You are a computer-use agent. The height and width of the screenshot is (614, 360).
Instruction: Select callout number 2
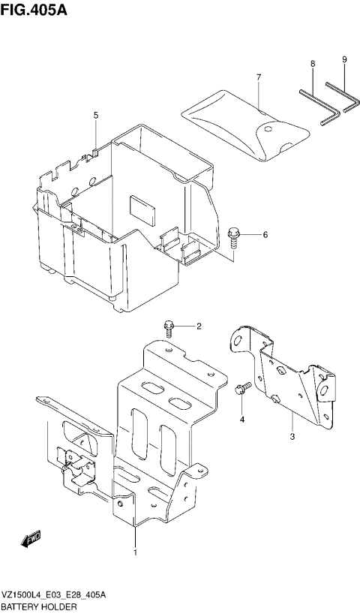click(199, 326)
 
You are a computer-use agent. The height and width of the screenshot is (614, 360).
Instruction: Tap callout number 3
click(292, 435)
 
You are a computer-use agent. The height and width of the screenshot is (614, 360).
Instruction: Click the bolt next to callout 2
click(170, 327)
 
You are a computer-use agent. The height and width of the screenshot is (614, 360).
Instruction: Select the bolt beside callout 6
click(234, 236)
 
